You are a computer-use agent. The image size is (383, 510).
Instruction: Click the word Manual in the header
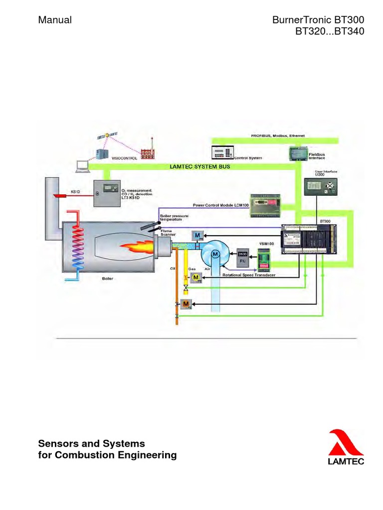[55, 20]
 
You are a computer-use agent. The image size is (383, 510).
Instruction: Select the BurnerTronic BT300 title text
[318, 20]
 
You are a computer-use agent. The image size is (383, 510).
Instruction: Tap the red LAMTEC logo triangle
[345, 444]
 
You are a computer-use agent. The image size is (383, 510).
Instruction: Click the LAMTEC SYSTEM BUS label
[200, 167]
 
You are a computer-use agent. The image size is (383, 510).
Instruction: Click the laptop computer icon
[81, 166]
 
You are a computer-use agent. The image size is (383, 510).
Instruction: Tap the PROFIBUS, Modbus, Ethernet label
[277, 135]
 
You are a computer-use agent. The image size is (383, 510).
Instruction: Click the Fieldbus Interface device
[299, 153]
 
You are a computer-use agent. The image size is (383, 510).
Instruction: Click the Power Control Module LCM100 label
[220, 205]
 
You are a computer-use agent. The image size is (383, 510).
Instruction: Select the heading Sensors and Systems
[92, 443]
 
